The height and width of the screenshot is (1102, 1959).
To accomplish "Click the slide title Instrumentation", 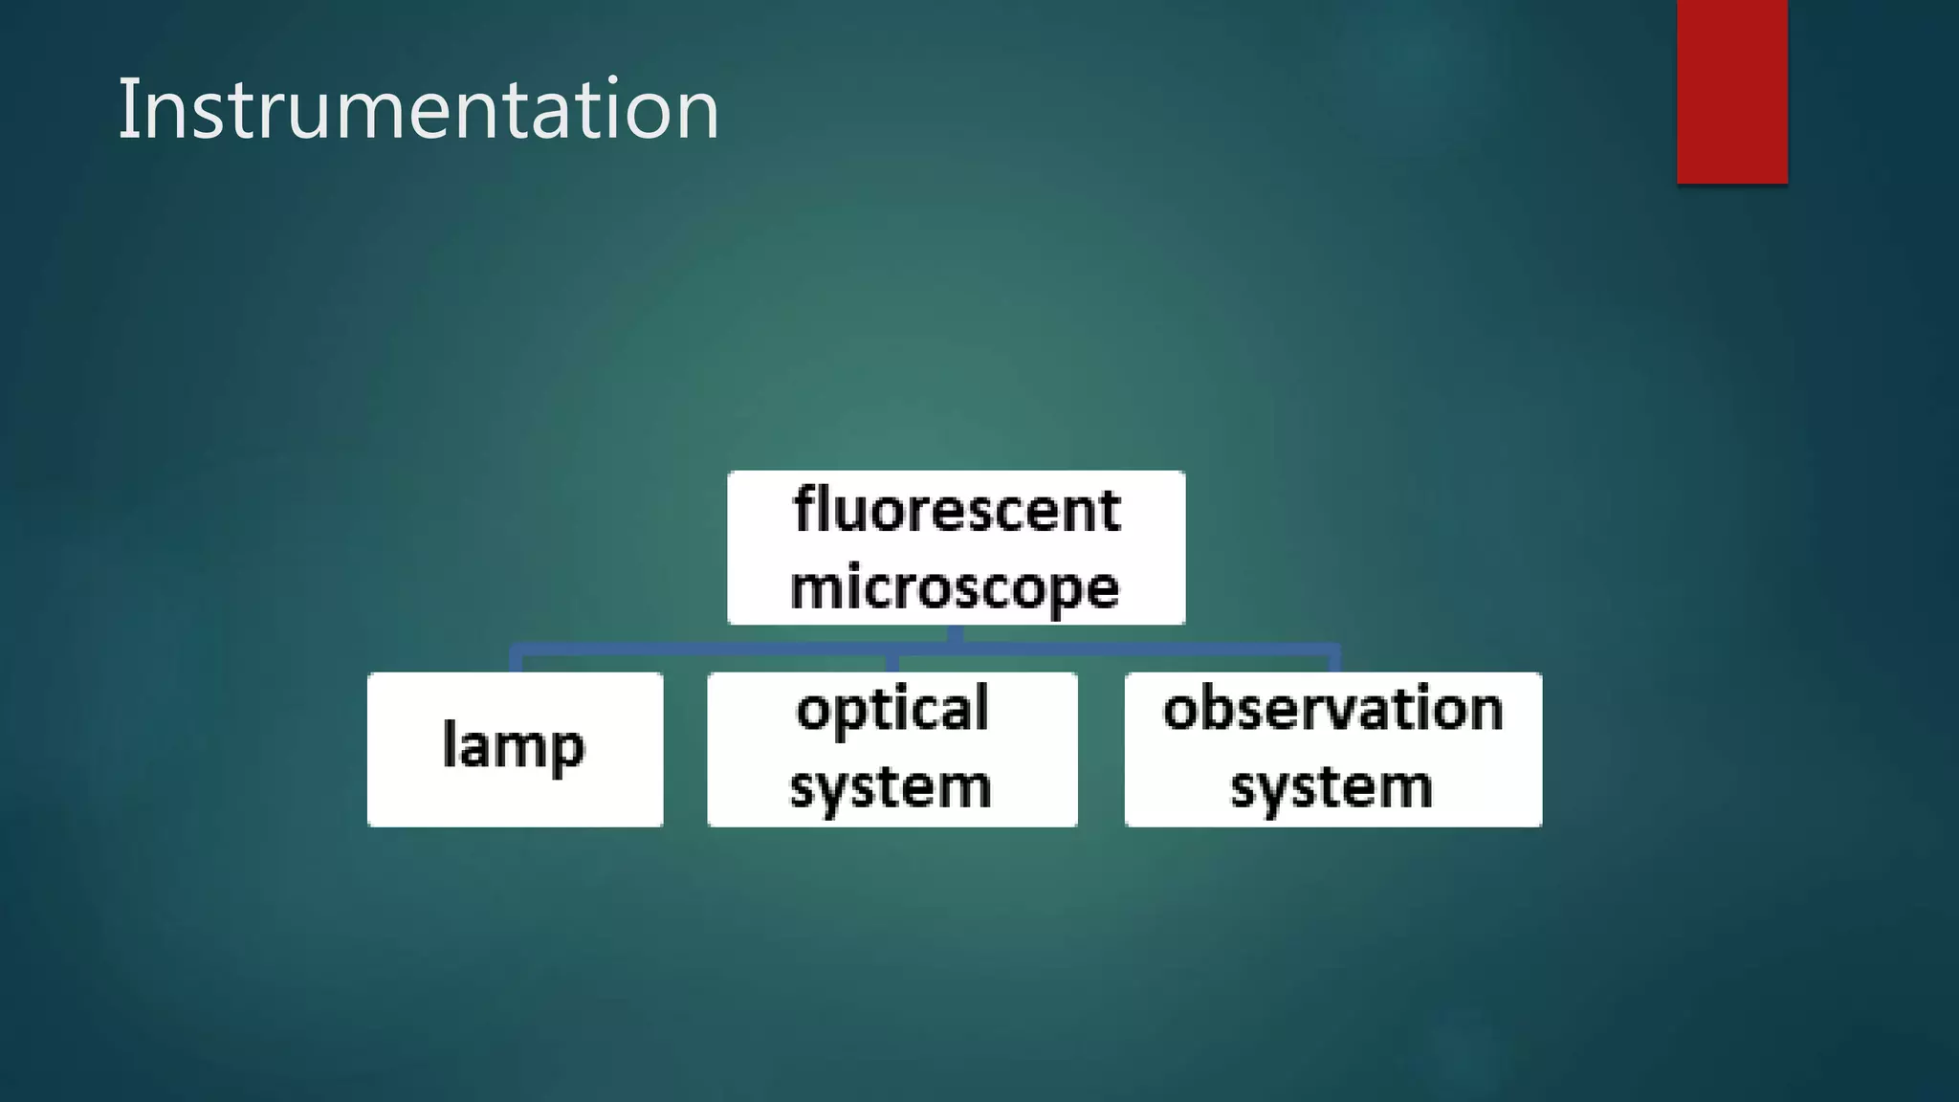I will [x=418, y=110].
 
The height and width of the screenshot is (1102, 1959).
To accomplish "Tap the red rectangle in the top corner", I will [x=1731, y=91].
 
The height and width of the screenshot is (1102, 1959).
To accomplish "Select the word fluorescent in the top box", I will [x=957, y=510].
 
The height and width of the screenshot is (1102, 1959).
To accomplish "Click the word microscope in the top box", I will [x=955, y=586].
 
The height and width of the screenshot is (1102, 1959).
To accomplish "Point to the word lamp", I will [x=514, y=745].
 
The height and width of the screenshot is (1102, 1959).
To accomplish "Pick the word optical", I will [x=892, y=710].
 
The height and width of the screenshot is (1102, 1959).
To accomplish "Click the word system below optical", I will [x=891, y=787].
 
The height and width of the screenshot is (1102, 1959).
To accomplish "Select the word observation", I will [x=1333, y=710].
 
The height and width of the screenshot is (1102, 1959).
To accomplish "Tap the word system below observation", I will [x=1332, y=787].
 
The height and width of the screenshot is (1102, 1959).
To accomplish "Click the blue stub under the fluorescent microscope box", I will [x=955, y=635].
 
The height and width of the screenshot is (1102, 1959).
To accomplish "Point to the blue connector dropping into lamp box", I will [x=516, y=661].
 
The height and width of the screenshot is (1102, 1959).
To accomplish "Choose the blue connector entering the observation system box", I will [x=1333, y=661].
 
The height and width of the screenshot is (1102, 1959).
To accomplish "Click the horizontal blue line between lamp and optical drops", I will [x=703, y=650].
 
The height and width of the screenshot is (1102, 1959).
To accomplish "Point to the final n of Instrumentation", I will [x=697, y=117].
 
